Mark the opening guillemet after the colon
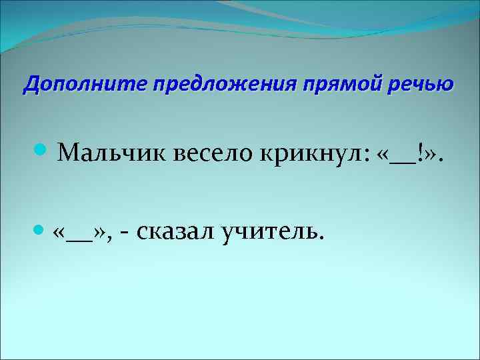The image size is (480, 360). (x=383, y=156)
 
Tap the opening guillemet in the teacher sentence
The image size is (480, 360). (x=62, y=233)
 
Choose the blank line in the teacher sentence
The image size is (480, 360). (x=82, y=238)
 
